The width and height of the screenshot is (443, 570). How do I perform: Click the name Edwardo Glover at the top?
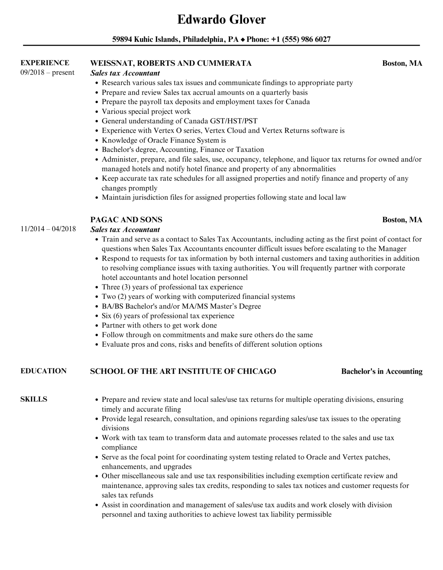click(x=221, y=19)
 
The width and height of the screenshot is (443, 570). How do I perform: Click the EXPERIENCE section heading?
click(x=45, y=63)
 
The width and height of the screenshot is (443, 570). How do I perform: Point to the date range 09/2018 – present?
click(x=47, y=72)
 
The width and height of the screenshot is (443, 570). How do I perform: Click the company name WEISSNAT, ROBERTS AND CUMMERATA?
click(x=171, y=63)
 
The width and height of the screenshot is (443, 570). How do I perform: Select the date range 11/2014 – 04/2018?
click(x=48, y=229)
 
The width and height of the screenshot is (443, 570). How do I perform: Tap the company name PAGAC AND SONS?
click(x=126, y=220)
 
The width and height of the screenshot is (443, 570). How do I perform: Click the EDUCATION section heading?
click(x=43, y=371)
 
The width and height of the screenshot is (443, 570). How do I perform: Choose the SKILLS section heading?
click(x=34, y=399)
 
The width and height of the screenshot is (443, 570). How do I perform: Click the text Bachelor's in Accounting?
click(x=382, y=371)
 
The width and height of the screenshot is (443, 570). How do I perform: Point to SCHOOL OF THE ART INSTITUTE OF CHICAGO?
click(x=183, y=371)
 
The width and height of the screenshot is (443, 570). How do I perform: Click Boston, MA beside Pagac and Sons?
click(x=402, y=220)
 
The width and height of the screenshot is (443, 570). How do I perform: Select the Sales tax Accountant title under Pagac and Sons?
click(x=125, y=229)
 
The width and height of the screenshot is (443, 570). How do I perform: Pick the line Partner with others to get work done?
click(x=159, y=325)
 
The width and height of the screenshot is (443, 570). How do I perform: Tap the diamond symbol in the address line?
click(x=243, y=39)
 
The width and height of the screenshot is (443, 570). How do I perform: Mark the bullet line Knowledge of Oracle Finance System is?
click(x=164, y=140)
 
